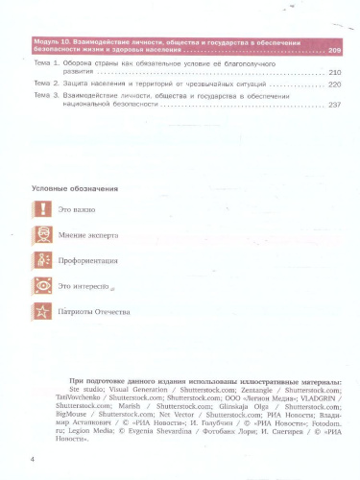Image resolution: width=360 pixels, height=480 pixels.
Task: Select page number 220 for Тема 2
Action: click(x=334, y=84)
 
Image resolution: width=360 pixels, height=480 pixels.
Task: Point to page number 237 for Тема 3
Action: click(x=334, y=106)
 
